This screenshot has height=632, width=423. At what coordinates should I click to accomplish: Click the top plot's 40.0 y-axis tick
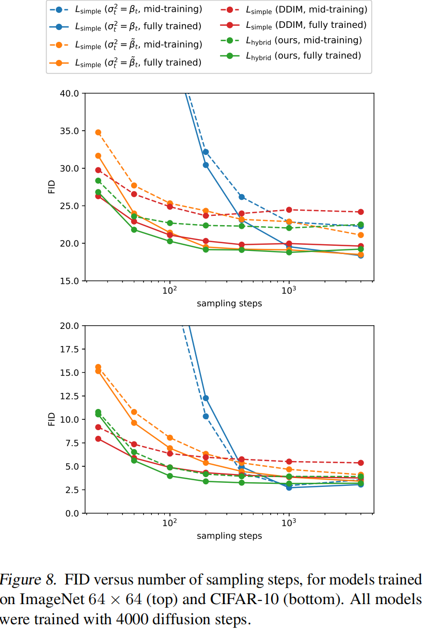69,93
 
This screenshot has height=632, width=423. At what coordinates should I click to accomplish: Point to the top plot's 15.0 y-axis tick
69,281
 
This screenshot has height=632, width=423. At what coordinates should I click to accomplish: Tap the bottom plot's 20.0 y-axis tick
69,326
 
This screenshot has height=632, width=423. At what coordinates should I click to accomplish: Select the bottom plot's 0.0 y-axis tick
72,513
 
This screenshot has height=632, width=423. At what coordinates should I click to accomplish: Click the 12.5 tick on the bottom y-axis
69,396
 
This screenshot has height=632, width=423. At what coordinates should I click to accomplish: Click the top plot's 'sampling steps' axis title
229,304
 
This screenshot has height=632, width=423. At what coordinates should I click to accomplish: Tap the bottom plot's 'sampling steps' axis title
229,536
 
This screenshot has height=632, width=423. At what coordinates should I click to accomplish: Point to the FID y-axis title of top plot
52,187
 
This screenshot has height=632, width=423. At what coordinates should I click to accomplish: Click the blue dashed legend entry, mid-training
137,9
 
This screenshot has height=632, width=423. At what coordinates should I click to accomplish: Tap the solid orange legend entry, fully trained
137,62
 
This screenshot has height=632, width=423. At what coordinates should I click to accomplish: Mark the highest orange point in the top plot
98,132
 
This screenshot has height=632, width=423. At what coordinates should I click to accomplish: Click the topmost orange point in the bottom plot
98,367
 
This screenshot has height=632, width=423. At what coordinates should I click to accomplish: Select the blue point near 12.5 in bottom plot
206,398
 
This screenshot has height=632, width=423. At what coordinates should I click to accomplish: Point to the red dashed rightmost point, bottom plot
361,463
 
